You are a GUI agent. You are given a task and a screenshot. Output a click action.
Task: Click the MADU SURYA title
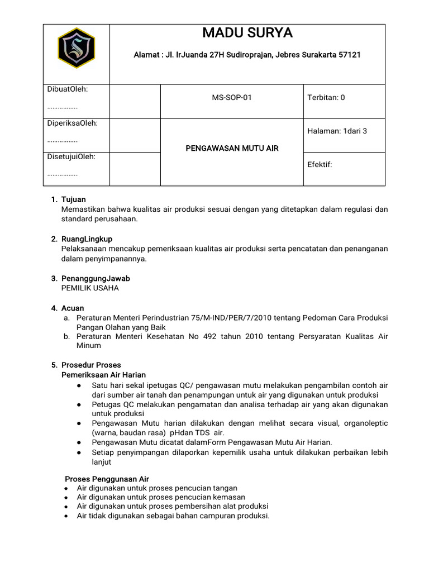click(x=247, y=33)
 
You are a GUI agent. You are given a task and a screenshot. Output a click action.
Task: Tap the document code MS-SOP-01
click(x=231, y=98)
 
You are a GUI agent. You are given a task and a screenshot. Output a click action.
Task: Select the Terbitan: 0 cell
click(x=326, y=98)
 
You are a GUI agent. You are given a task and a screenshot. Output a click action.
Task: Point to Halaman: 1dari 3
click(x=337, y=131)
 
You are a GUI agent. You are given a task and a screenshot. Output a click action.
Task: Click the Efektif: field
click(x=320, y=165)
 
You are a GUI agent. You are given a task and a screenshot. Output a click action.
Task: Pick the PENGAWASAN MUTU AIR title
click(x=232, y=148)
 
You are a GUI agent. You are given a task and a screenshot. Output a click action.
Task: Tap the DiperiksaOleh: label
click(x=72, y=123)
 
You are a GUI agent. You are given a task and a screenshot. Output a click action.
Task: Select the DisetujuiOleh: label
click(x=71, y=156)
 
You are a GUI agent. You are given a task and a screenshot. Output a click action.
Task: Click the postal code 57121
click(x=350, y=55)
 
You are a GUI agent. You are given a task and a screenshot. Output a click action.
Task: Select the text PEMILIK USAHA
click(x=89, y=288)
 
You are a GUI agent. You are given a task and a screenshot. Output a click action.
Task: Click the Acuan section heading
click(x=73, y=308)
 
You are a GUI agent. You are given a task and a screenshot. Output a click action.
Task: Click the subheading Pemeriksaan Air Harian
click(x=103, y=375)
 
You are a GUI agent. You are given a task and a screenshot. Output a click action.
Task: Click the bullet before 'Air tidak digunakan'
click(x=66, y=516)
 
